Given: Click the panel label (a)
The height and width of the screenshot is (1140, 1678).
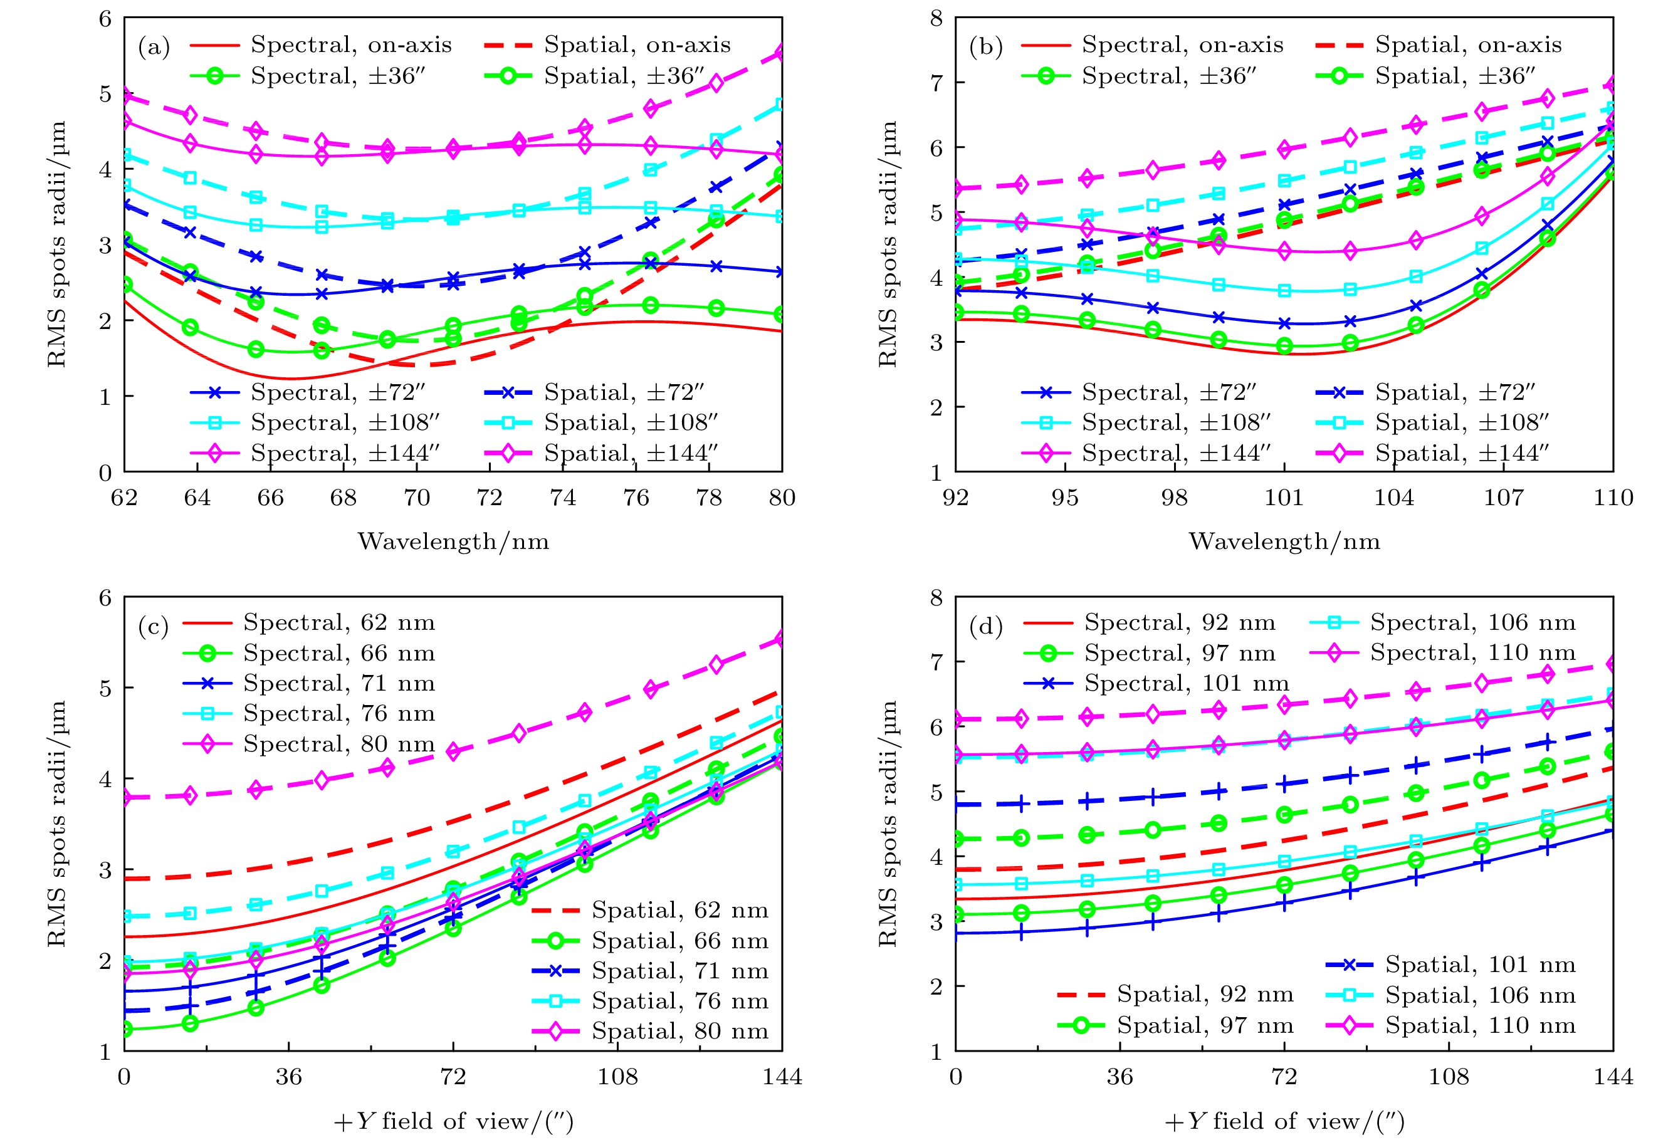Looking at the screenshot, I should coord(154,47).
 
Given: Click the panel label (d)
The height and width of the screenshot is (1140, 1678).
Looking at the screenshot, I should coord(985,626).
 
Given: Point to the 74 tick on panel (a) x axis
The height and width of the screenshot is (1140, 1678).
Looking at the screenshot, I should coord(562,498).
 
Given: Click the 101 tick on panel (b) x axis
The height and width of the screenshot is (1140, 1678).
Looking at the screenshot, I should coord(1284,498).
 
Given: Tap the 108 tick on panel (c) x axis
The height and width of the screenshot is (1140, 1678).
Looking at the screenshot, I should coord(617,1077).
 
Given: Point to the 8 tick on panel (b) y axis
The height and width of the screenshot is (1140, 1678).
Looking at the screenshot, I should coord(936,18).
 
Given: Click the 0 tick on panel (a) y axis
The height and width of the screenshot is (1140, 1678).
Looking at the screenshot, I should coord(105,473).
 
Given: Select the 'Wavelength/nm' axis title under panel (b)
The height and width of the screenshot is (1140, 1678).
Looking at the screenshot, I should coord(1284,541).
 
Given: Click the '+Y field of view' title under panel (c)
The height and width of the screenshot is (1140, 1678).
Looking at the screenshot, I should coord(453,1121).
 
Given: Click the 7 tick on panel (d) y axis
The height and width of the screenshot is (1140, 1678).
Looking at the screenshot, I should coord(936,662).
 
